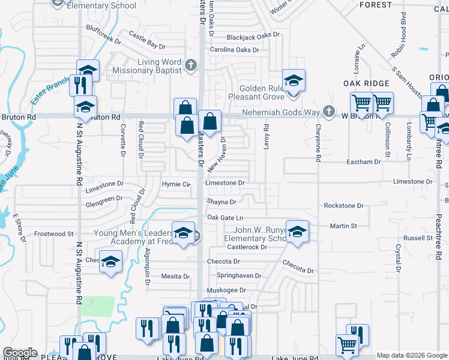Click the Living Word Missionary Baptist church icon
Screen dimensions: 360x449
coord(191,65)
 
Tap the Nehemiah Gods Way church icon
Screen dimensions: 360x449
coord(328,112)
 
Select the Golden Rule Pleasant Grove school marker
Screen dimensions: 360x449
coord(294,80)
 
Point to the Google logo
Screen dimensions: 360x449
coord(20,353)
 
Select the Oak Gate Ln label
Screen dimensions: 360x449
coord(225,217)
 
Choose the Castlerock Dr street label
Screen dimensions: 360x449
coord(247,247)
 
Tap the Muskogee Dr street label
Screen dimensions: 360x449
coord(226,290)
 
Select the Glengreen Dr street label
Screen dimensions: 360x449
coord(104,197)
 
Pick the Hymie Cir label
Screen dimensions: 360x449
coord(176,183)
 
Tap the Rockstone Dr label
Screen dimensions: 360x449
coord(343,205)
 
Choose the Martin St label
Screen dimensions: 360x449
coord(343,226)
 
